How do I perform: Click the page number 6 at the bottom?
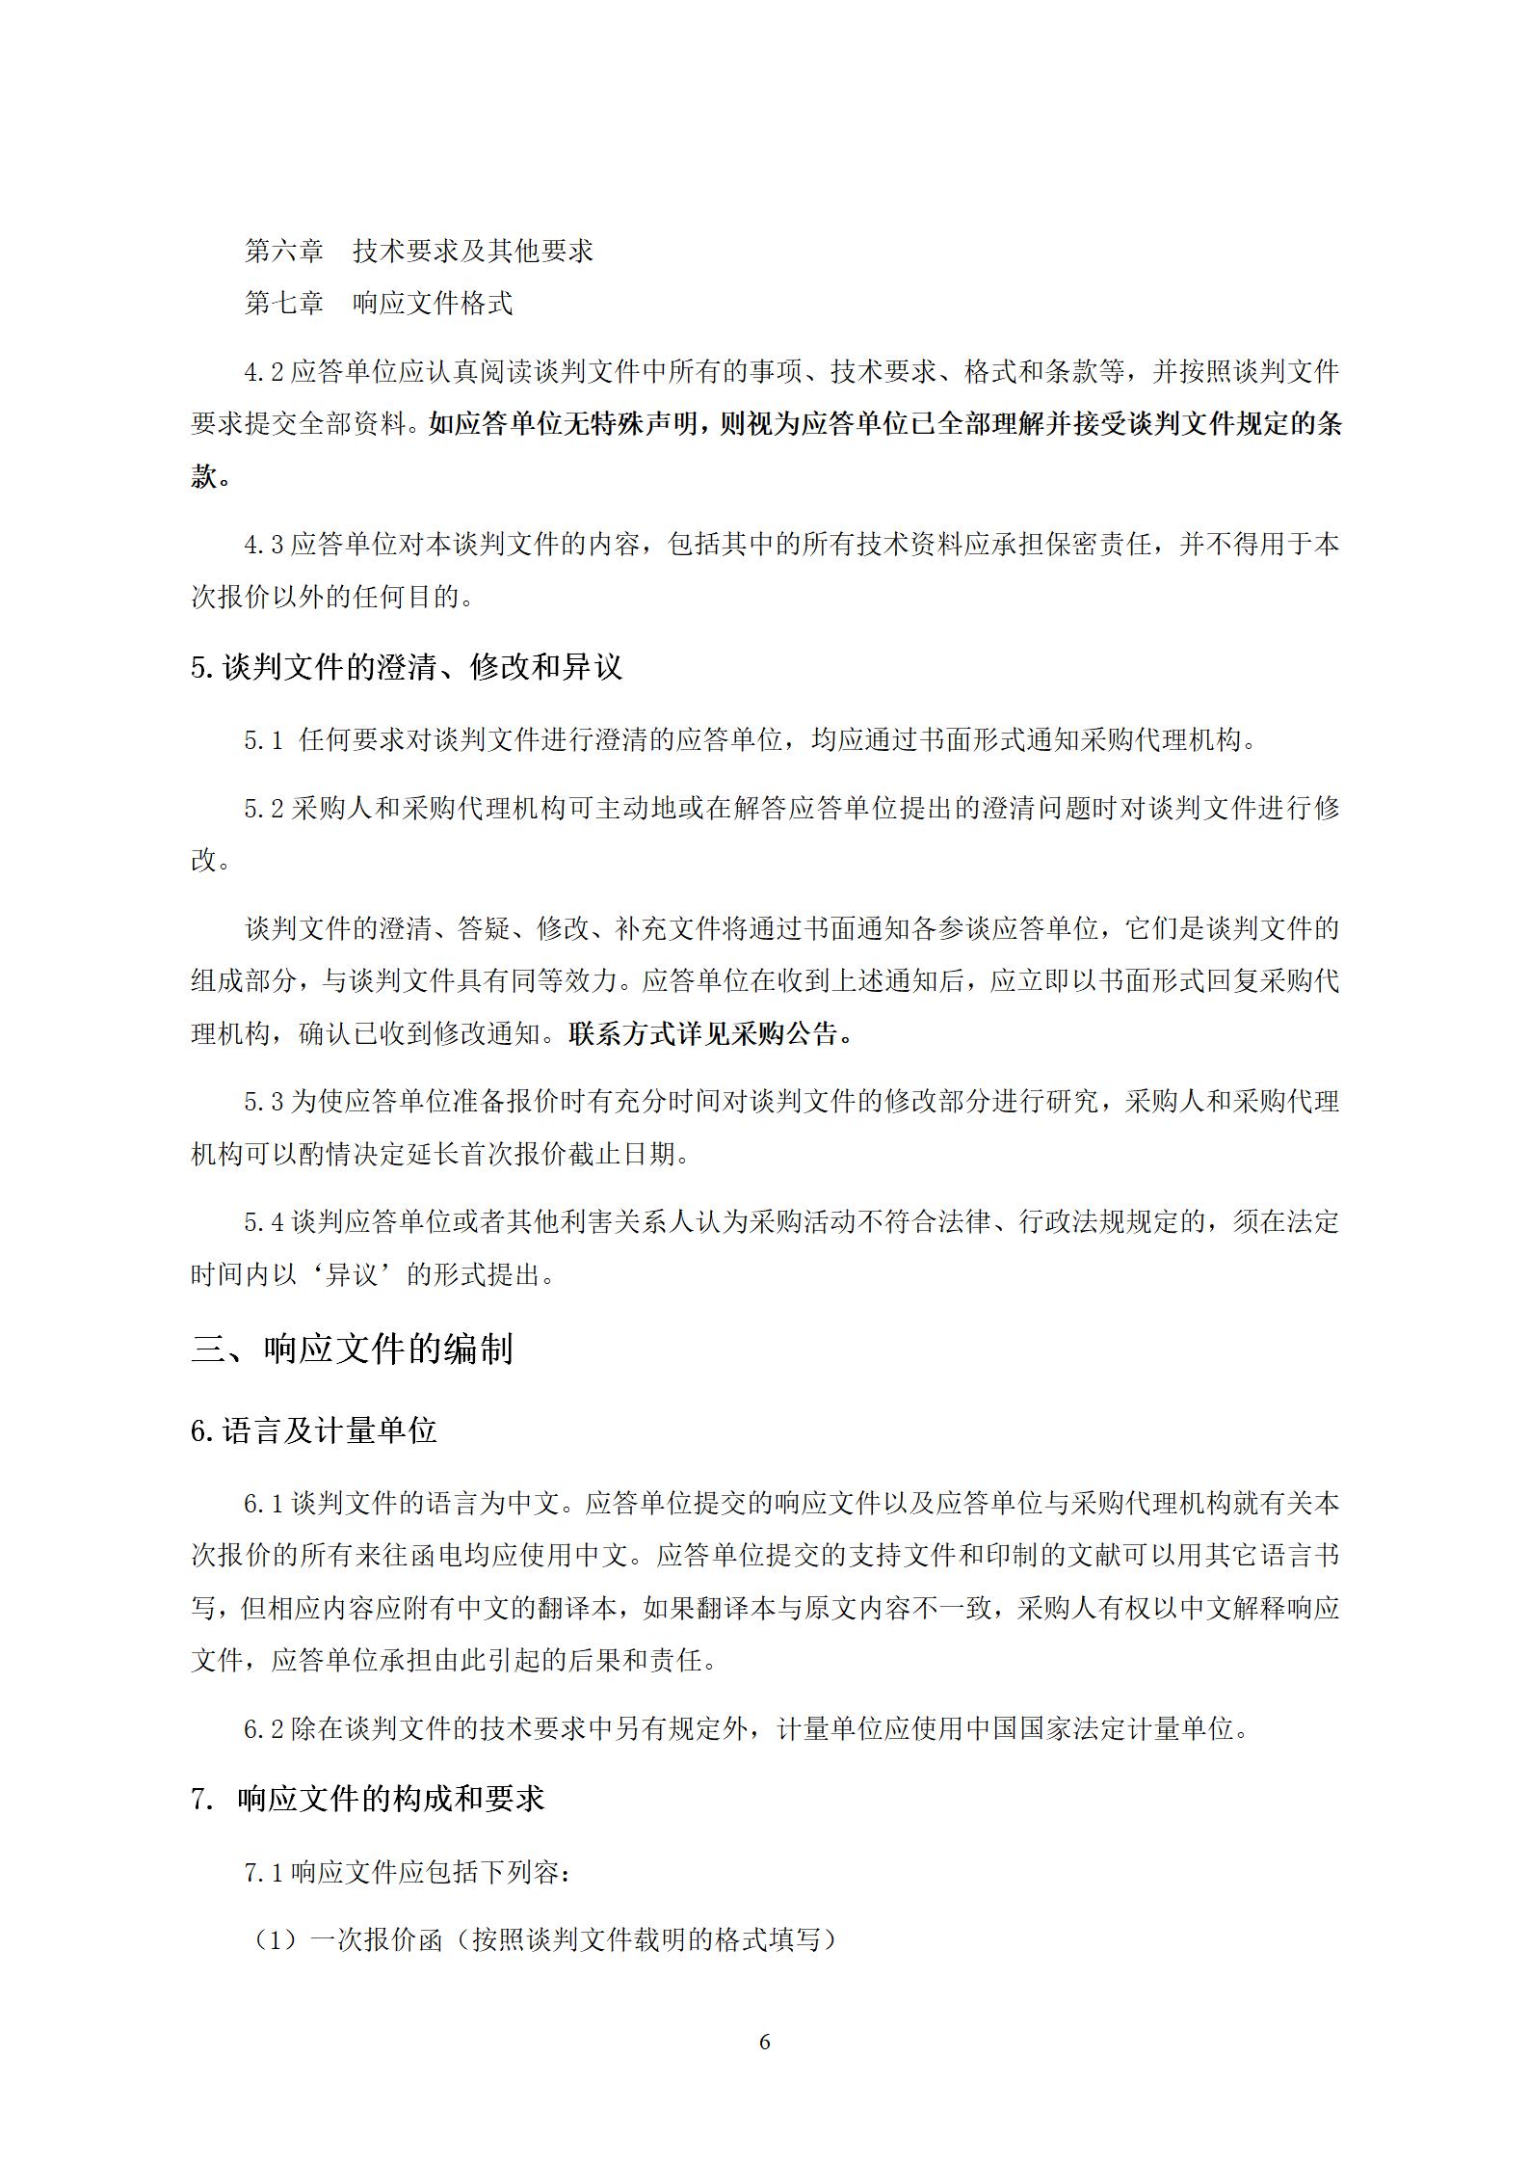point(764,2042)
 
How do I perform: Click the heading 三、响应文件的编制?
point(352,1349)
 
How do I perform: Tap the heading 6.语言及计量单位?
point(314,1431)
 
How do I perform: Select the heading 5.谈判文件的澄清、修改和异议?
point(407,666)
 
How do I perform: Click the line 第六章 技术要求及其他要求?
point(418,251)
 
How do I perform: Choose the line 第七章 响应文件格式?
point(378,303)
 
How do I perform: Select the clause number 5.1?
point(264,741)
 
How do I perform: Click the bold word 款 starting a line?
point(204,476)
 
